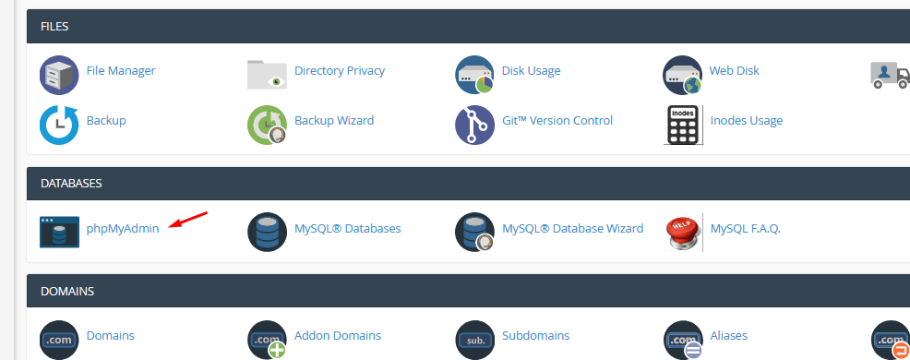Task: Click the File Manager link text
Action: coord(120,70)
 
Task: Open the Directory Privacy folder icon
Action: coord(267,74)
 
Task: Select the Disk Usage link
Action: coord(531,70)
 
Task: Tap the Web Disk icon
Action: coord(682,75)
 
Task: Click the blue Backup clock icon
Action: coord(59,125)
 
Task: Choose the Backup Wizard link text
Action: coord(333,120)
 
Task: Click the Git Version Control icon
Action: coord(474,125)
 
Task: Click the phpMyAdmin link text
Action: coord(123,228)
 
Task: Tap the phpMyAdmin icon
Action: coord(59,232)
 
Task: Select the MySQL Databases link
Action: coord(347,228)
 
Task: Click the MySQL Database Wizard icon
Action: coord(474,232)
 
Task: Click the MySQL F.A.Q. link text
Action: coord(745,228)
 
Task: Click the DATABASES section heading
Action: coord(71,184)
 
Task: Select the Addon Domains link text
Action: coord(337,335)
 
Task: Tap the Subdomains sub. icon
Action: coord(474,339)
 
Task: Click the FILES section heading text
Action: coord(54,27)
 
